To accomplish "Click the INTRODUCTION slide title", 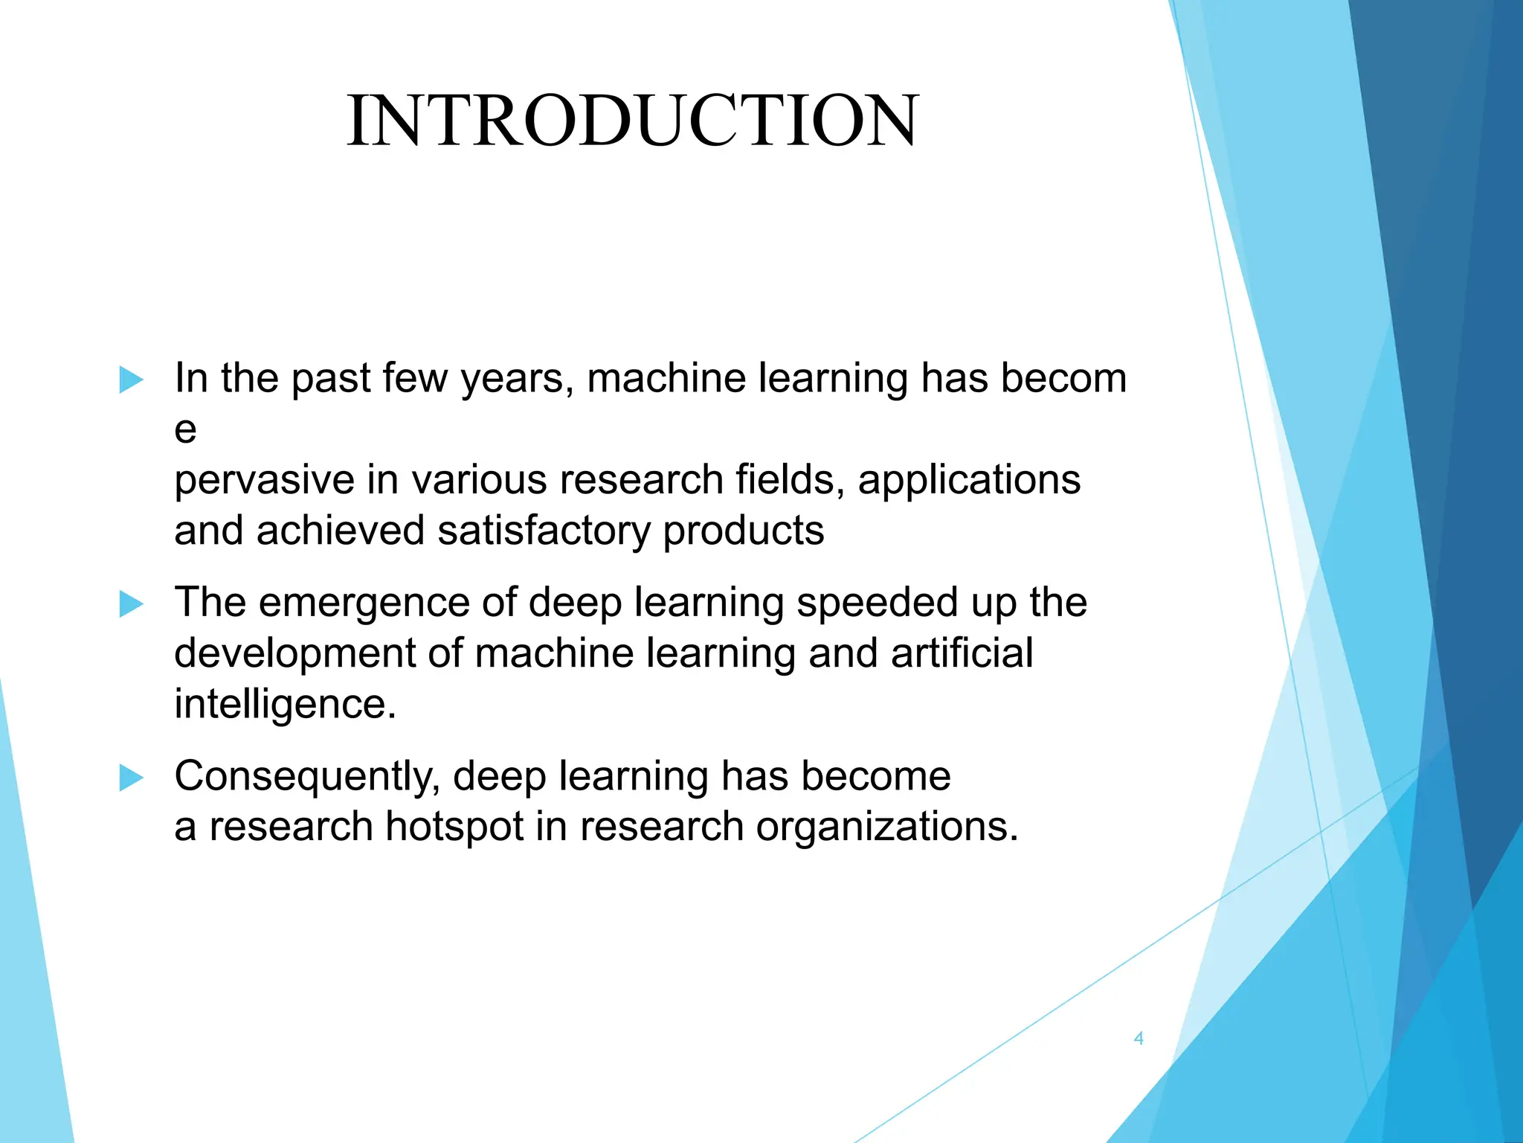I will (633, 121).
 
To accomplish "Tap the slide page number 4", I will (1138, 1038).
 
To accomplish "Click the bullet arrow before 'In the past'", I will (131, 380).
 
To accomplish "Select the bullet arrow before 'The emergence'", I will (131, 603).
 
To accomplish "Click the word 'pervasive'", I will (264, 481).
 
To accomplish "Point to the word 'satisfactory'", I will (544, 531).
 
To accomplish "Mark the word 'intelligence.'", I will (285, 705).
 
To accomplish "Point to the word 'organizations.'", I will (887, 827).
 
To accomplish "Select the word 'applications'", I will (969, 481).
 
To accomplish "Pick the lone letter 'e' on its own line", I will (185, 430).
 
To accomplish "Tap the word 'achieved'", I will (341, 531).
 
